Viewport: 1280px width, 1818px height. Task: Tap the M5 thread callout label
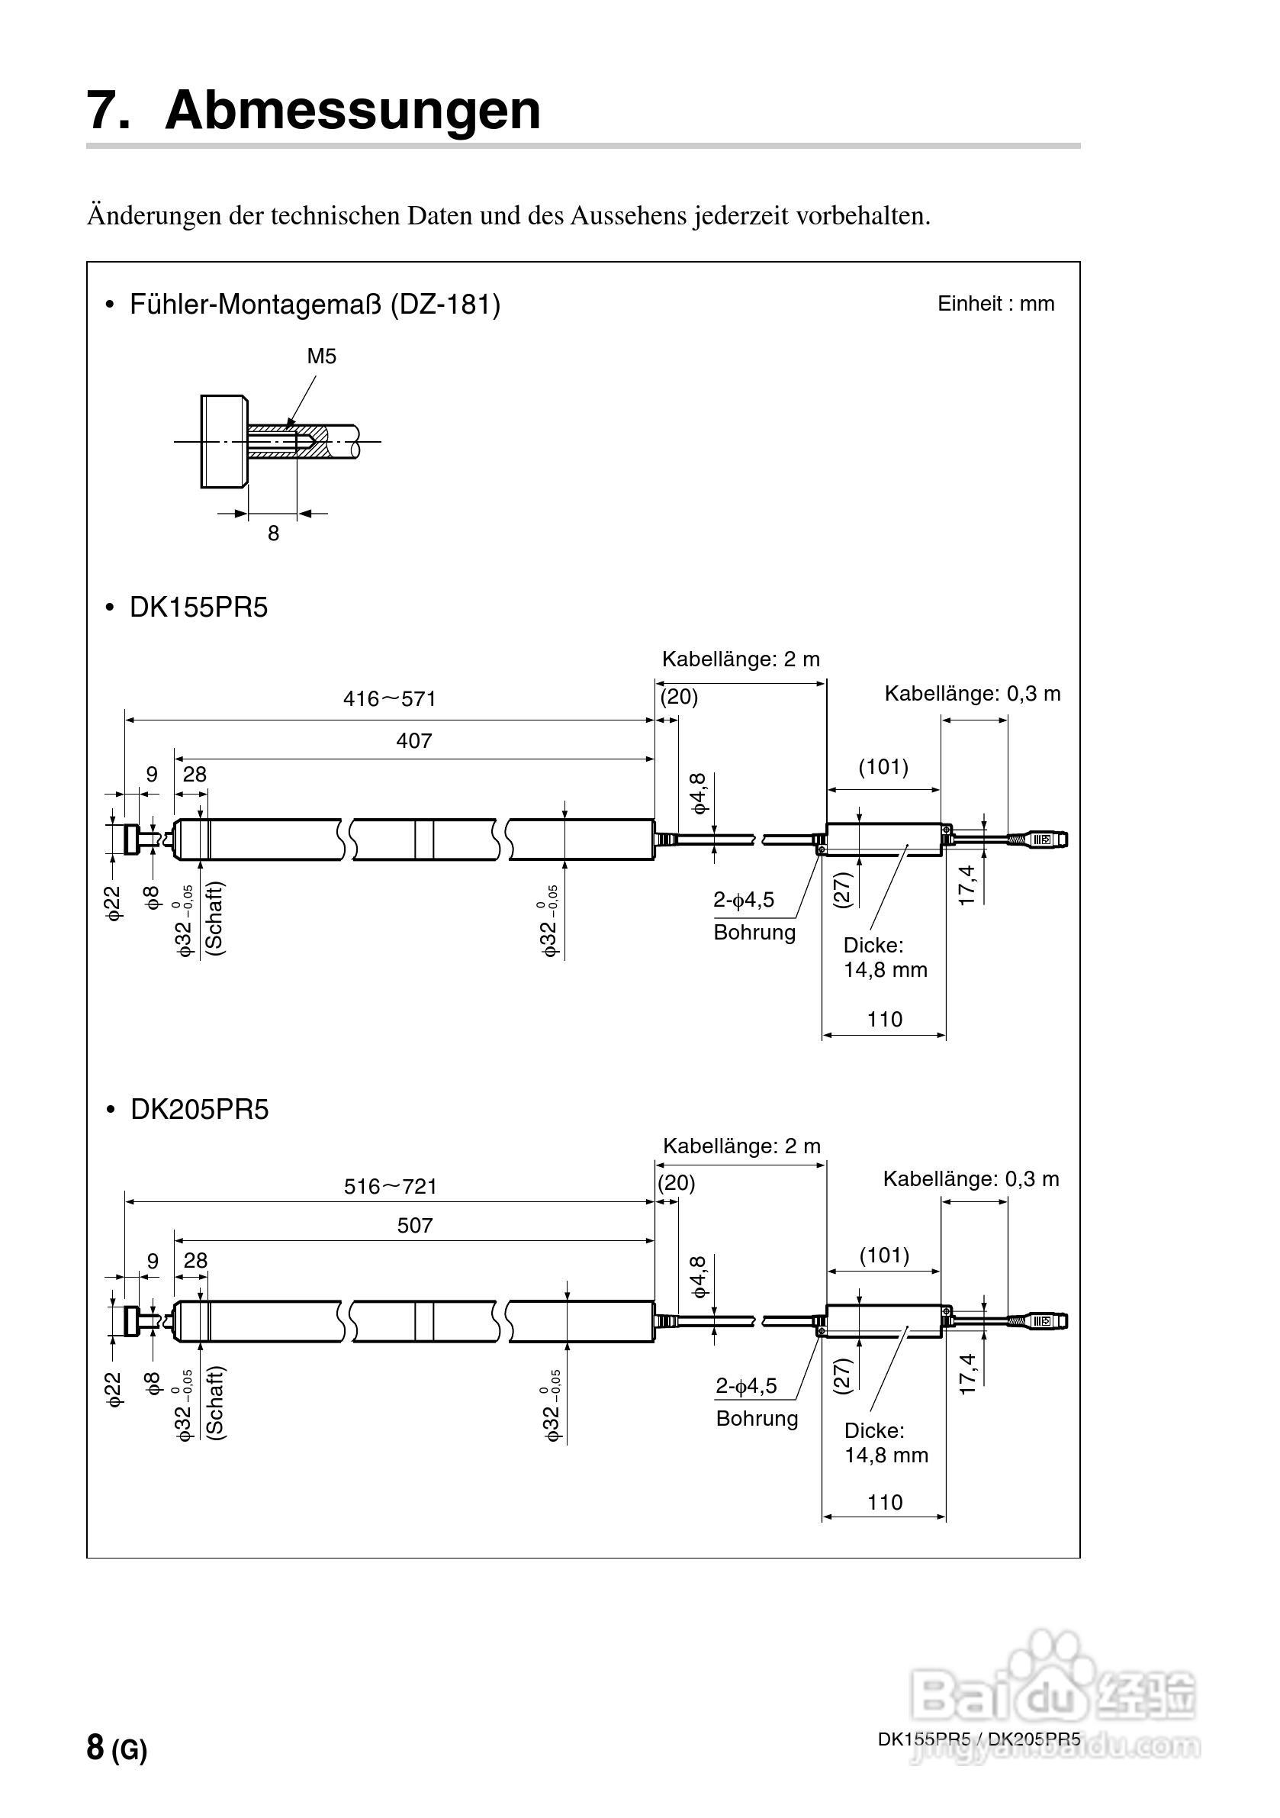(x=321, y=356)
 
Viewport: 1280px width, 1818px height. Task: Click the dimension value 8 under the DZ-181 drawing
(x=273, y=533)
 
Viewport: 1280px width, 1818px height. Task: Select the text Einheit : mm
(x=995, y=304)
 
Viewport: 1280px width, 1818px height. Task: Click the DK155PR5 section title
(x=198, y=608)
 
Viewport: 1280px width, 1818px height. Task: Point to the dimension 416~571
(x=390, y=698)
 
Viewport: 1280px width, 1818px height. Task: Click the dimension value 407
(x=414, y=740)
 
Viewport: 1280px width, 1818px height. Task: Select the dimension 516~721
(x=391, y=1185)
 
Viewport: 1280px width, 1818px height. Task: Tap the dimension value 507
(x=415, y=1225)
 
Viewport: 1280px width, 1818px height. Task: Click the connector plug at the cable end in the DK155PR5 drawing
(x=1046, y=838)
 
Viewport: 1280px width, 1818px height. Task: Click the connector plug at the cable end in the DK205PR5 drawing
(x=1046, y=1320)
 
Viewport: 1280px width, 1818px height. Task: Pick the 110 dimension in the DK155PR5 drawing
(x=884, y=1019)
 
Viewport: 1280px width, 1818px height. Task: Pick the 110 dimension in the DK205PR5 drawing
(x=884, y=1502)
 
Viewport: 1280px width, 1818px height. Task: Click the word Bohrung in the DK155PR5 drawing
(x=754, y=932)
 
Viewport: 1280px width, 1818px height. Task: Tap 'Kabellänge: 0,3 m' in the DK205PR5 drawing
(x=970, y=1179)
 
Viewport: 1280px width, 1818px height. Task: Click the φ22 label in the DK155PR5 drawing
(x=114, y=902)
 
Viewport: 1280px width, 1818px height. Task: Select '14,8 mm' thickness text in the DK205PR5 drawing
(x=886, y=1455)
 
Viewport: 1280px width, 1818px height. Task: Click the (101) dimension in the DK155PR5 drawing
(x=883, y=766)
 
